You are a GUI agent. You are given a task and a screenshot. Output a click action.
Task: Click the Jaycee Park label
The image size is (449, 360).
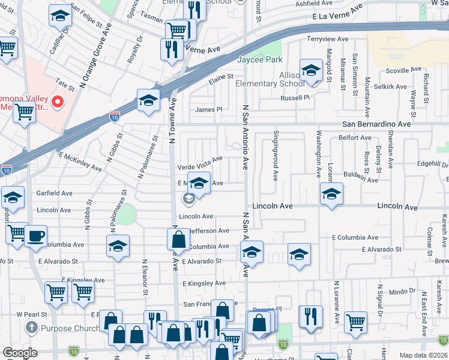[259, 60]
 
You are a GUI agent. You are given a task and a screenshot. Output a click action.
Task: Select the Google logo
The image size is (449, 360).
[20, 353]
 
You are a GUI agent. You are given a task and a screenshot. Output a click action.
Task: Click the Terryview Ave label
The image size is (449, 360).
[328, 39]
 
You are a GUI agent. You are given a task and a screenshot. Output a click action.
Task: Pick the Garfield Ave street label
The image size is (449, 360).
[55, 194]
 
